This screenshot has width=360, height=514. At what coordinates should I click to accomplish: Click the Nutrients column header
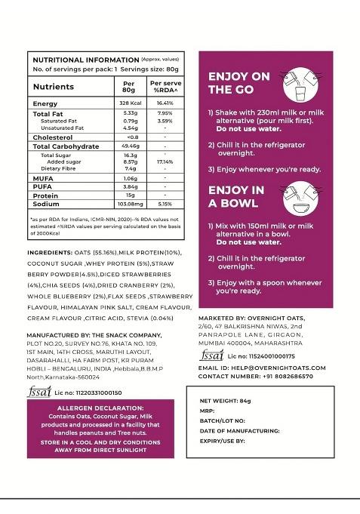(53, 87)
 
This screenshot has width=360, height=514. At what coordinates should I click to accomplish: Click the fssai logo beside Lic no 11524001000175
(211, 355)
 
